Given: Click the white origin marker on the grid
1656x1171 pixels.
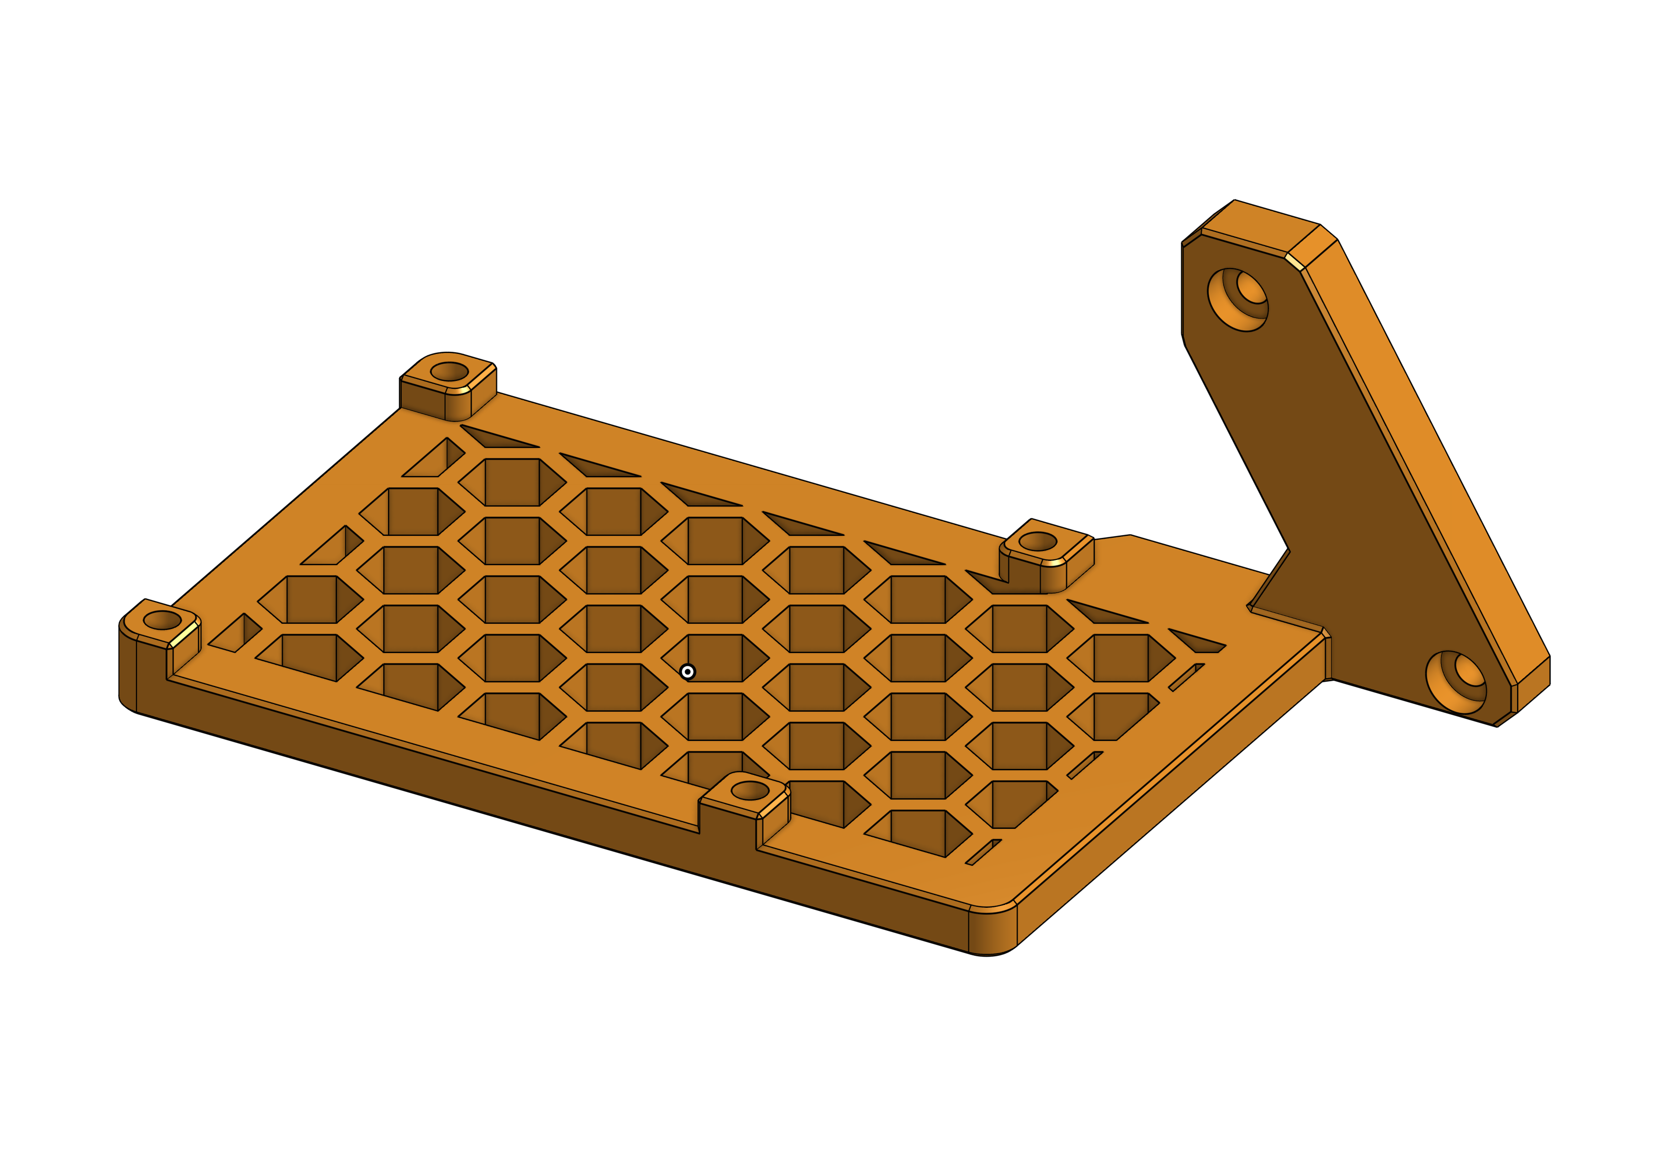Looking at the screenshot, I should tap(687, 672).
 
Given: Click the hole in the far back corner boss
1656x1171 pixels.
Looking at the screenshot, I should tap(449, 372).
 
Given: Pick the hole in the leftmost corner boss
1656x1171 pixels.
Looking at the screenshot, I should tap(162, 620).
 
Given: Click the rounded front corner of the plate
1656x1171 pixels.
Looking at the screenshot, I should tap(992, 930).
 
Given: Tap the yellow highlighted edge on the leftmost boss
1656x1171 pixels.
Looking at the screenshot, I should tap(184, 635).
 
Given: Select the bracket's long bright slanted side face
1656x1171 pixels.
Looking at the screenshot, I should tap(1435, 462).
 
